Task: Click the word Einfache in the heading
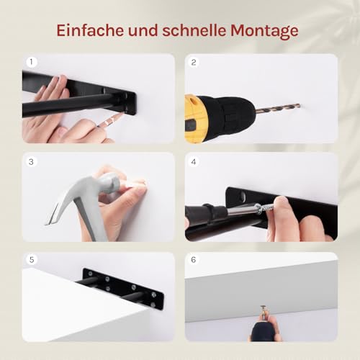tap(90, 30)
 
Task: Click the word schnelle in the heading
tap(194, 30)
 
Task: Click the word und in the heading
tap(143, 31)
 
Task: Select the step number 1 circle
tap(31, 62)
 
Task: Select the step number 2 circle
tap(194, 62)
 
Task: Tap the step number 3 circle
tap(31, 162)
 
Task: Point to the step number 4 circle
tap(194, 162)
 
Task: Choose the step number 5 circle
tap(31, 260)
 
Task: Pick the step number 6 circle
tap(194, 260)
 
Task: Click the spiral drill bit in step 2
tap(278, 109)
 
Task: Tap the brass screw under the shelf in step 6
tap(264, 311)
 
